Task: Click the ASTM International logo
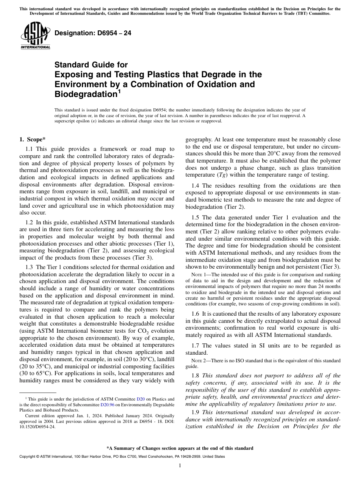click(x=35, y=36)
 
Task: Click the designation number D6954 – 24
click(x=93, y=33)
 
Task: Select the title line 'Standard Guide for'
click(x=91, y=65)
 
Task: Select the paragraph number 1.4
click(x=196, y=186)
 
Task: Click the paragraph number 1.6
click(x=196, y=314)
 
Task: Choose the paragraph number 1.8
click(x=196, y=376)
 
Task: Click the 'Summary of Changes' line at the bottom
click(x=180, y=448)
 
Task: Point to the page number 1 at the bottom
click(x=180, y=466)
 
